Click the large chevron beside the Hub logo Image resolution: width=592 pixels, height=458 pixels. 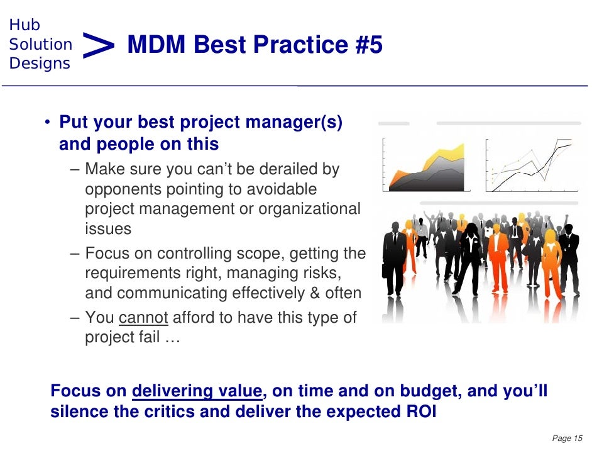pyautogui.click(x=98, y=45)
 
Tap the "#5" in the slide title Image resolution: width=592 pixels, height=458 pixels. pyautogui.click(x=368, y=44)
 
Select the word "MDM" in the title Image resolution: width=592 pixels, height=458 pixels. pyautogui.click(x=156, y=44)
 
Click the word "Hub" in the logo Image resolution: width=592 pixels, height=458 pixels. pyautogui.click(x=25, y=25)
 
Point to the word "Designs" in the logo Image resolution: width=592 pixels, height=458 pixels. pyautogui.click(x=40, y=64)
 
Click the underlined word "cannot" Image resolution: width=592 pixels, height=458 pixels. pyautogui.click(x=143, y=318)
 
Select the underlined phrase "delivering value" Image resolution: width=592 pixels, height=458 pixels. pyautogui.click(x=197, y=391)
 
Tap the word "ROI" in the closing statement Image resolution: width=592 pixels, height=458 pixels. pyautogui.click(x=421, y=411)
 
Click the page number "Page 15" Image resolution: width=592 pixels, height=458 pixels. pyautogui.click(x=567, y=438)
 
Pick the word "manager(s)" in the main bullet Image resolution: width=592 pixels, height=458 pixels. pyautogui.click(x=293, y=122)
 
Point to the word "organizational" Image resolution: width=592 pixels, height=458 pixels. pyautogui.click(x=310, y=209)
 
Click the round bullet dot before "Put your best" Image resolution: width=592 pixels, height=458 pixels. pyautogui.click(x=47, y=122)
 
